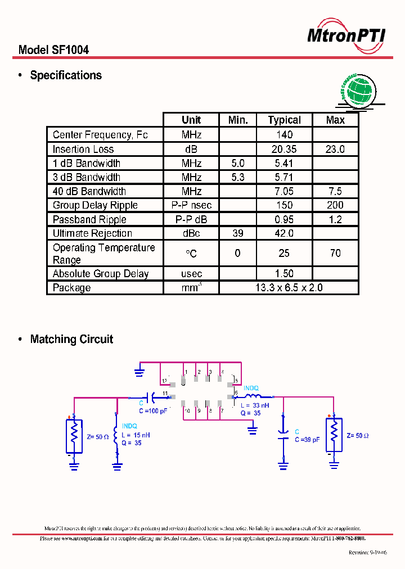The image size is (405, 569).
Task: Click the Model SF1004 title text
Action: (53, 50)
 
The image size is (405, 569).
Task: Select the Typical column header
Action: (284, 120)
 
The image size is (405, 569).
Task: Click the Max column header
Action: (335, 120)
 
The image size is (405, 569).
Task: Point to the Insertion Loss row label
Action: (83, 149)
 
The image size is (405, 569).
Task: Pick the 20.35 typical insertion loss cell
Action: (284, 149)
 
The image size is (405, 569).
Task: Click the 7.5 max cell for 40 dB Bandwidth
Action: (335, 191)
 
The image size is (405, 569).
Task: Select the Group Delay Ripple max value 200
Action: (335, 205)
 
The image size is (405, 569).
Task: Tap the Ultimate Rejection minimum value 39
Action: (237, 233)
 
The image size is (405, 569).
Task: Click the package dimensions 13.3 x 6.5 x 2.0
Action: (289, 287)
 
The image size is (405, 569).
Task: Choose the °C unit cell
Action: (191, 254)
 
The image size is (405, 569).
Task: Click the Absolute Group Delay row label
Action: (101, 274)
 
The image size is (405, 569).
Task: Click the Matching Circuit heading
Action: (71, 339)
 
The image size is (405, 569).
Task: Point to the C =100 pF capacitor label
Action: (153, 411)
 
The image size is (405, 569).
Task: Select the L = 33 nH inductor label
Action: (254, 405)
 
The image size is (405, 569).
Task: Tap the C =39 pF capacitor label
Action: (307, 440)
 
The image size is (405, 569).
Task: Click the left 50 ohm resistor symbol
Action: (74, 435)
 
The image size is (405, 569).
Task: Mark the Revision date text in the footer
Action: (367, 553)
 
